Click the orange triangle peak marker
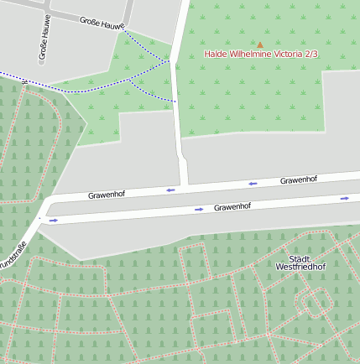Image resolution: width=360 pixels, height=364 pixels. [x=260, y=44]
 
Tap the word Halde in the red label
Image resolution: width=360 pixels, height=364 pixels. [x=217, y=54]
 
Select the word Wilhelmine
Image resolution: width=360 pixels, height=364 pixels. [x=252, y=54]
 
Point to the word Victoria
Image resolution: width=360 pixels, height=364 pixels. [x=290, y=54]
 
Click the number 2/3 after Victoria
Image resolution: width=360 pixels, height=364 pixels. [x=311, y=54]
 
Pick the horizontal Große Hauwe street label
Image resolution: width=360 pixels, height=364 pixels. [x=102, y=23]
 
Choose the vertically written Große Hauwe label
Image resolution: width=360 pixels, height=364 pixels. [x=43, y=39]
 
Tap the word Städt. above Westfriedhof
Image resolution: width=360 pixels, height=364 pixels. [x=300, y=258]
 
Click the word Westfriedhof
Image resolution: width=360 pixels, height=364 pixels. [x=300, y=267]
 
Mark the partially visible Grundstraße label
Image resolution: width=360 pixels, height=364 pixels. [x=12, y=256]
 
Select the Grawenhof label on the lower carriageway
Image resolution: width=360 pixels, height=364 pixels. [x=232, y=206]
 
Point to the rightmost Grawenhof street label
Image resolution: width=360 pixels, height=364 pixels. [x=298, y=179]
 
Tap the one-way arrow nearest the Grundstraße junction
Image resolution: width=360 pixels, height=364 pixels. [x=54, y=221]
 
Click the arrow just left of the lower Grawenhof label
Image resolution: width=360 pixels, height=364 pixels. [x=199, y=209]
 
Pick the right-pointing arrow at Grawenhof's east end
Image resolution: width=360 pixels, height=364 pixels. [x=344, y=198]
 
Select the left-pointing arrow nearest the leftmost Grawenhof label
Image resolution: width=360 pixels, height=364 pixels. [x=170, y=190]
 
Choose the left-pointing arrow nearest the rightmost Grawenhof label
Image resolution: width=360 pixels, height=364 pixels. [x=252, y=183]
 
